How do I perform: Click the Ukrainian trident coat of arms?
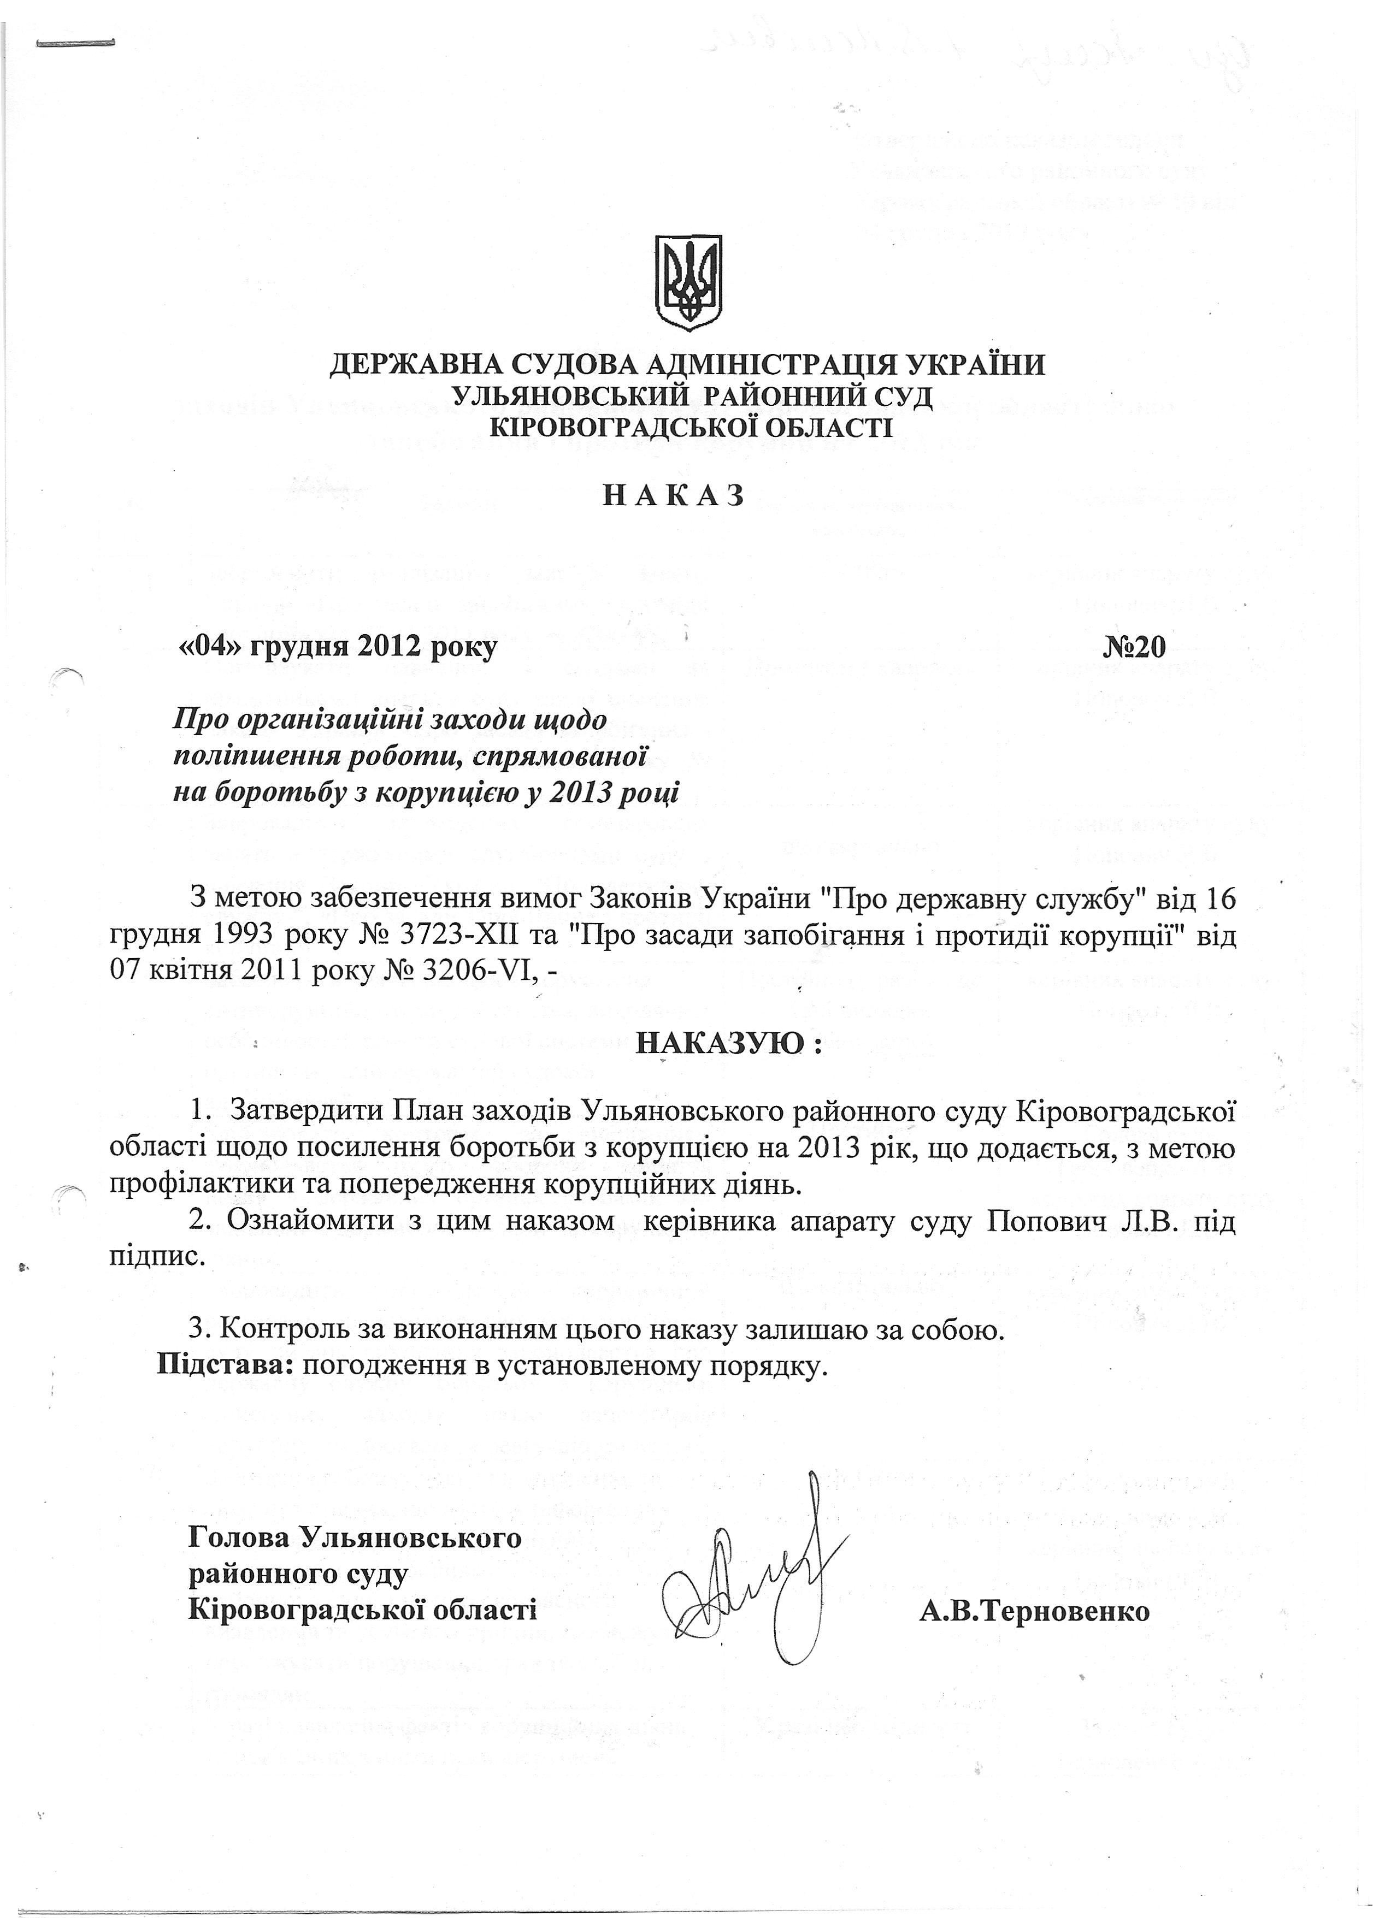coord(689,283)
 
